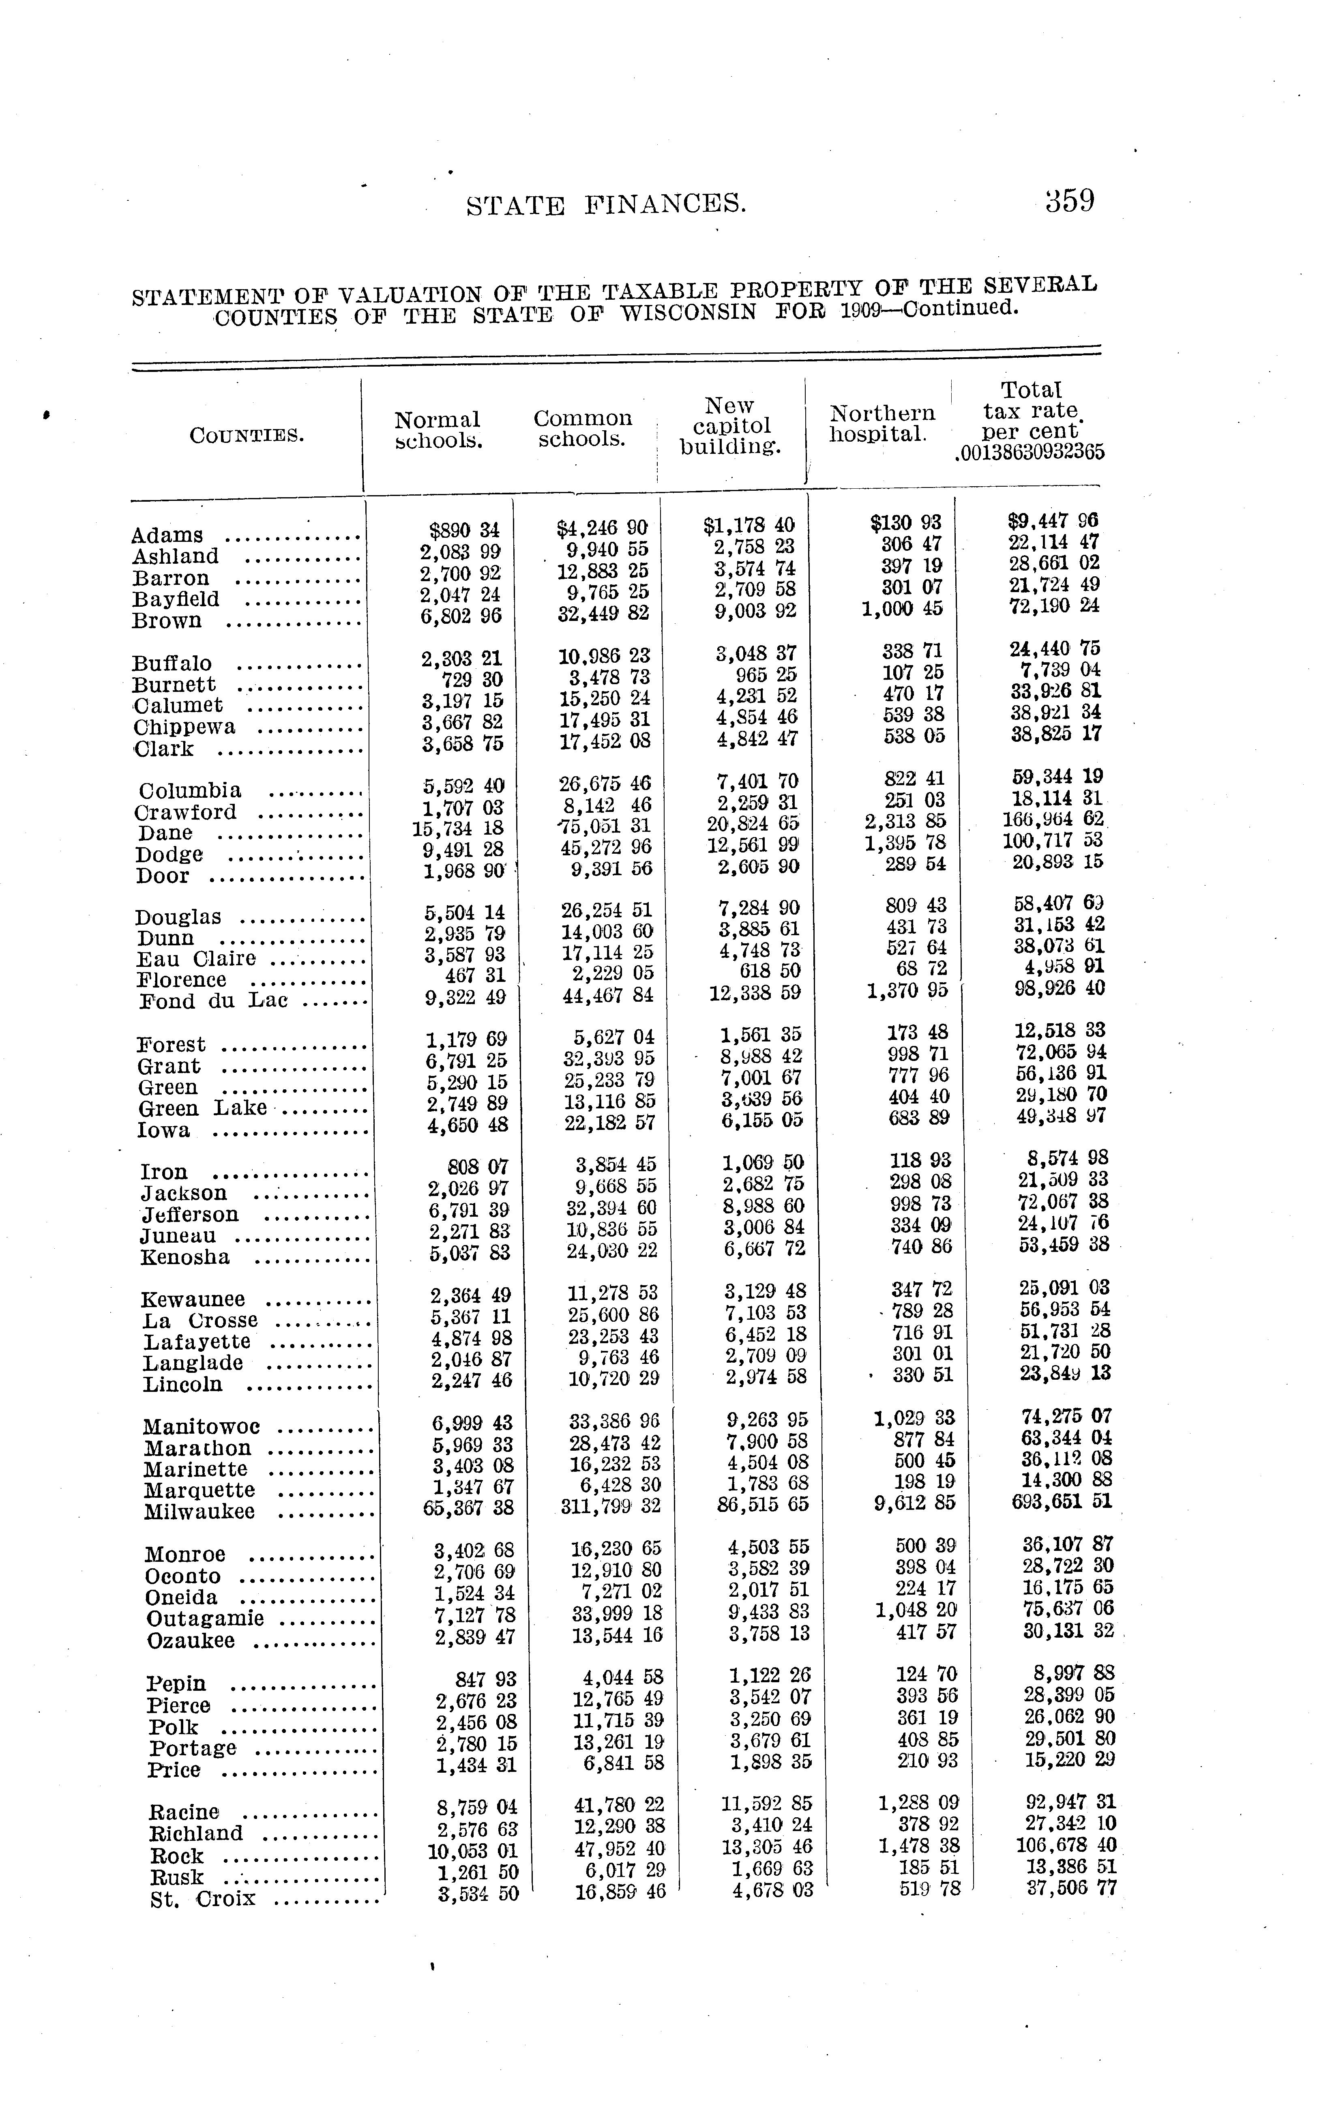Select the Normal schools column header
click(437, 429)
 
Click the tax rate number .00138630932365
click(1029, 452)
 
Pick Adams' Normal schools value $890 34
click(465, 530)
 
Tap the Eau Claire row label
click(196, 958)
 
